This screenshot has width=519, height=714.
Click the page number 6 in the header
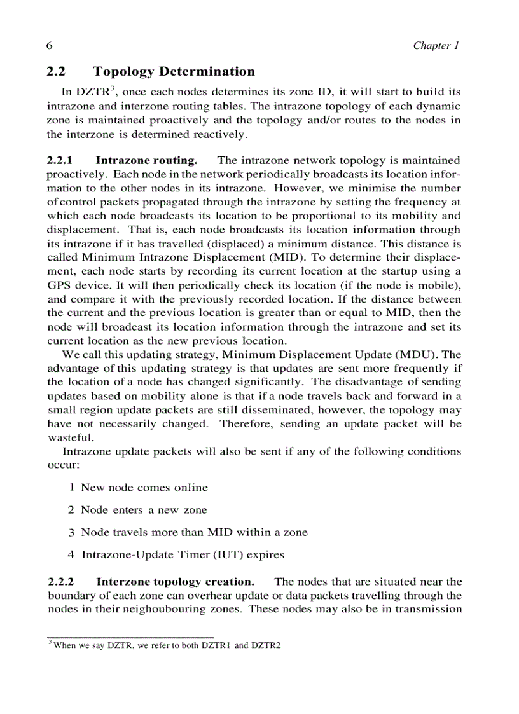pos(49,46)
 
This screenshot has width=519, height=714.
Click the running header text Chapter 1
pos(436,46)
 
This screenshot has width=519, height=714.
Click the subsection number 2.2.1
pos(61,161)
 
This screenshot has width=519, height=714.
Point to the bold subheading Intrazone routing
pos(146,161)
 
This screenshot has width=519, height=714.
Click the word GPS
pos(60,285)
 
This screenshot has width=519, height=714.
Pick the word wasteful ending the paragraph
pos(71,437)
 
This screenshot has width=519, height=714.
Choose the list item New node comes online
pos(144,488)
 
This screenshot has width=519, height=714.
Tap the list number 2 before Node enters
pos(71,510)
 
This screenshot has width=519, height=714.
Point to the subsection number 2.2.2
pos(61,582)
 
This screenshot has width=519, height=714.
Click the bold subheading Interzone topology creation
pos(176,582)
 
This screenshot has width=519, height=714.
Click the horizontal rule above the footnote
pos(130,637)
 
